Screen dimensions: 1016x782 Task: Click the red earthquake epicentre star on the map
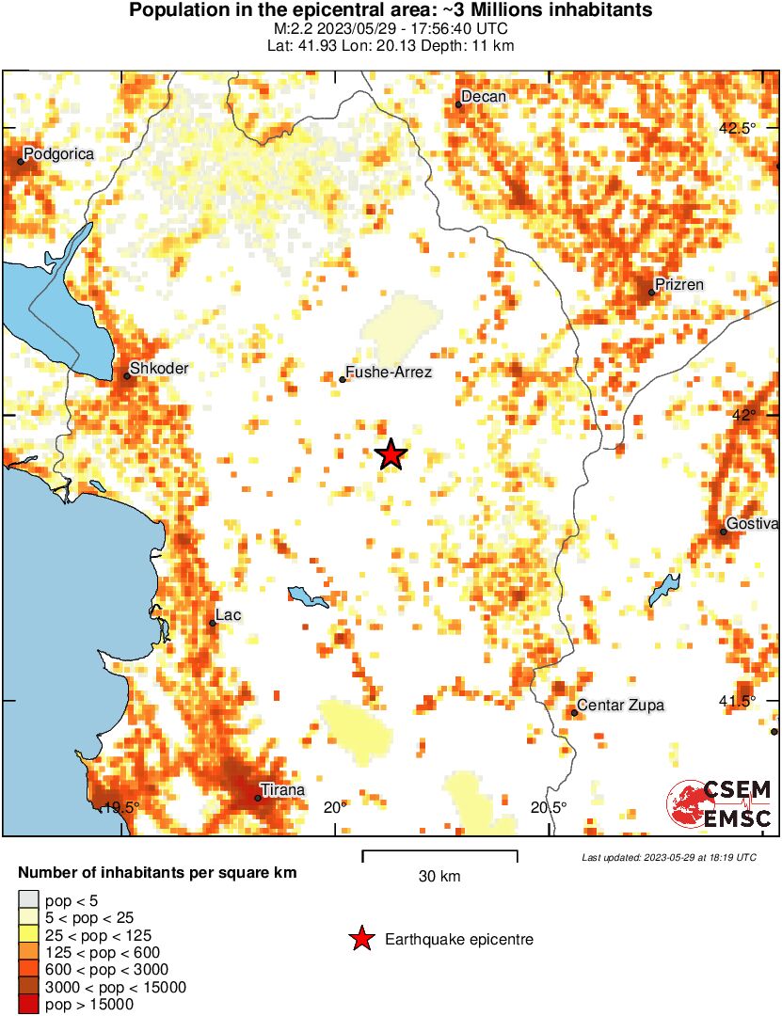click(x=391, y=454)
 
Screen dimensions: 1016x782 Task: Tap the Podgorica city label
click(x=58, y=153)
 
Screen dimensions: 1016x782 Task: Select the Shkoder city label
click(x=159, y=369)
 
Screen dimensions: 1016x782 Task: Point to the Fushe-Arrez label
click(x=389, y=373)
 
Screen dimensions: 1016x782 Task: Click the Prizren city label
click(x=678, y=285)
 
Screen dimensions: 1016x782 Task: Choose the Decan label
click(x=484, y=97)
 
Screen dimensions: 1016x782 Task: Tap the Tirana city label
click(x=282, y=790)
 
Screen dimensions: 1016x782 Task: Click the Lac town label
click(x=229, y=615)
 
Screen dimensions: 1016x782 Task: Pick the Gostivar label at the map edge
click(x=752, y=524)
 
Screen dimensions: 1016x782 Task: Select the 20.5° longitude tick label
click(x=549, y=807)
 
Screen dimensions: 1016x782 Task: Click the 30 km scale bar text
click(x=439, y=877)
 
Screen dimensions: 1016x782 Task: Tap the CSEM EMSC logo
click(x=720, y=804)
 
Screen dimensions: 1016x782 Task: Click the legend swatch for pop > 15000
click(x=28, y=1004)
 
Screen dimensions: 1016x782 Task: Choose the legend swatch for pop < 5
click(x=28, y=901)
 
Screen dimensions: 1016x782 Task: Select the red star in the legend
click(x=360, y=939)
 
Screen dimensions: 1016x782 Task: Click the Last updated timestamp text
click(x=668, y=857)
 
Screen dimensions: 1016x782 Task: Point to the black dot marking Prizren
click(x=651, y=293)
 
